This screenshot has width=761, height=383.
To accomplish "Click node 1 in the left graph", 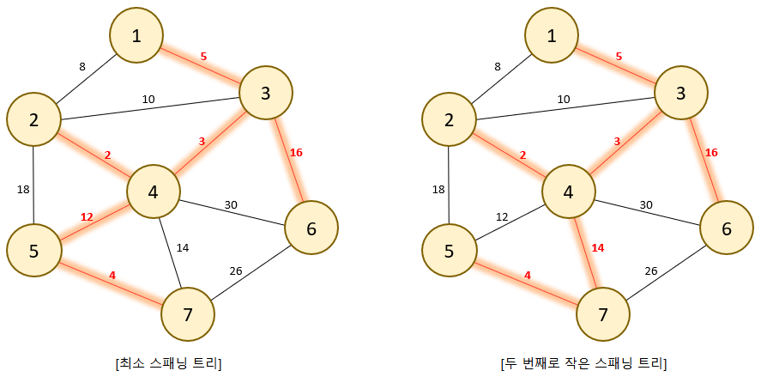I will tap(136, 35).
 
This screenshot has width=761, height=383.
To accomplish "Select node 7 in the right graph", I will tap(603, 313).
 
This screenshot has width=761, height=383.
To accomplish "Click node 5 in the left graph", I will tap(33, 250).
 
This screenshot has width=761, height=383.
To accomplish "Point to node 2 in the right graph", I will tap(449, 119).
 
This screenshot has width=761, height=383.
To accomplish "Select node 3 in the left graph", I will tap(265, 92).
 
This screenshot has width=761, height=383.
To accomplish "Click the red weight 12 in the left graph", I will tap(87, 216).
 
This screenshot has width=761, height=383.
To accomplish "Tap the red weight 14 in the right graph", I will tap(597, 247).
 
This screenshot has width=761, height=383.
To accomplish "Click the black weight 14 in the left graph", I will tap(182, 247).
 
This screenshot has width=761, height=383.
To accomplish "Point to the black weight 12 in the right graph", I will tap(502, 216).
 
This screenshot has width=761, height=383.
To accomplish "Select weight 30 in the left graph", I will tap(232, 205).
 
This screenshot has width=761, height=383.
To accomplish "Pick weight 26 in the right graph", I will tap(652, 271).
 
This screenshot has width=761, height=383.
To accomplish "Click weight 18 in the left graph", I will tap(23, 188).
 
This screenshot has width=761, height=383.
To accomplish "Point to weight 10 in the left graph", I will tap(148, 100).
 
